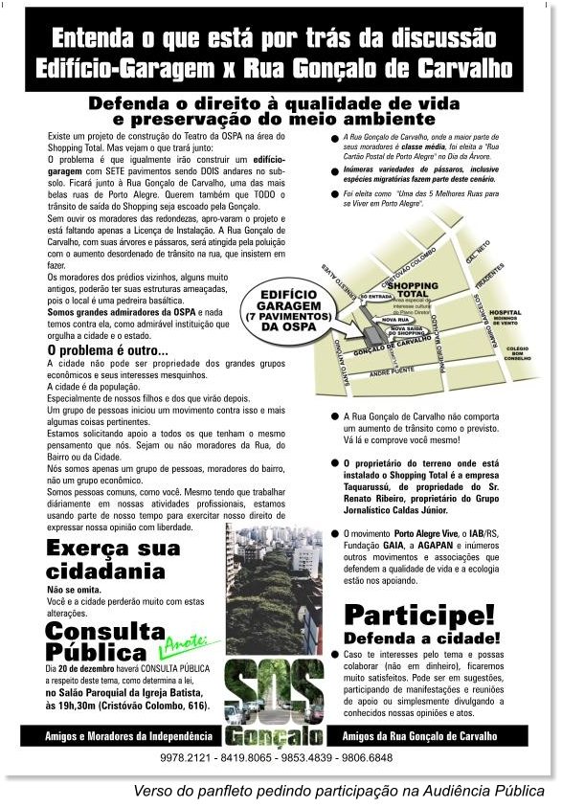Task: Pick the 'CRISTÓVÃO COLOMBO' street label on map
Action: pyautogui.click(x=407, y=265)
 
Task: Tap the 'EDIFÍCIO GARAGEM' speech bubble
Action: pyautogui.click(x=286, y=307)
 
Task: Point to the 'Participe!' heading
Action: pyautogui.click(x=419, y=614)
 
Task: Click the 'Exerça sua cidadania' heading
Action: pyautogui.click(x=111, y=560)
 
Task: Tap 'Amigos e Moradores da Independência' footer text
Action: pyautogui.click(x=128, y=736)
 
